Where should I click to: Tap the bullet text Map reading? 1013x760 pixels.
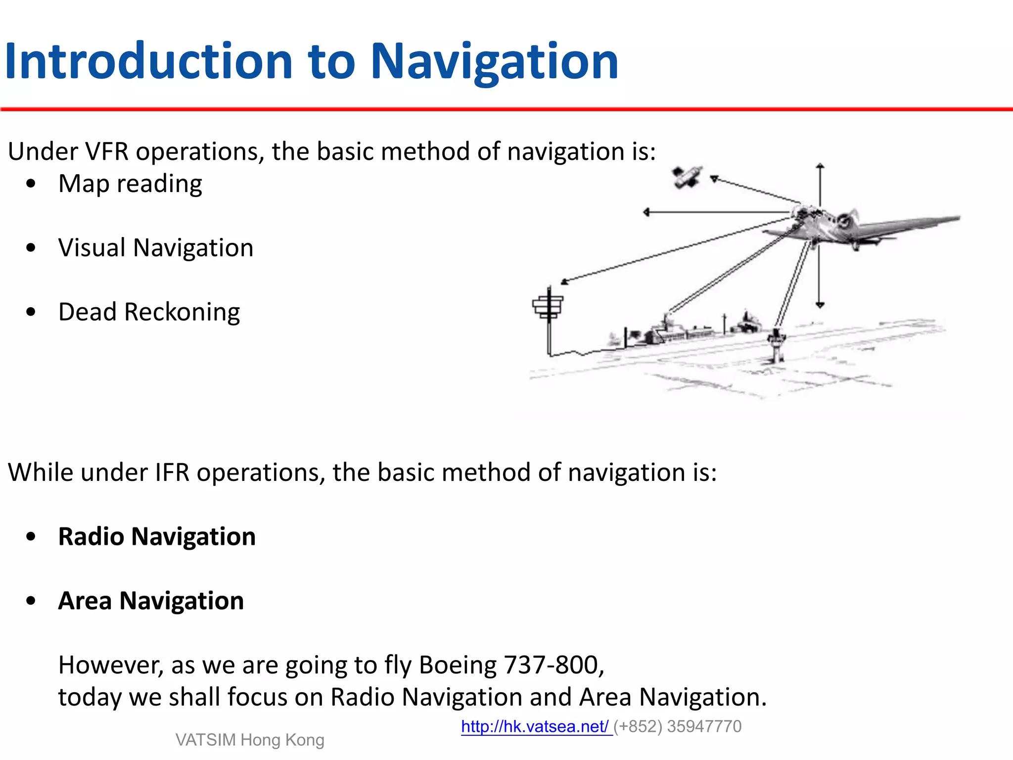130,184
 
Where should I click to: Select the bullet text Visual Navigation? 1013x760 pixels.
156,247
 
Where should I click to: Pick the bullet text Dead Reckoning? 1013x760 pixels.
149,312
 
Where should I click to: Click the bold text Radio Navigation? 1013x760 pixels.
157,536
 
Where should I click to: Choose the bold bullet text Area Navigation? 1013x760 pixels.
151,601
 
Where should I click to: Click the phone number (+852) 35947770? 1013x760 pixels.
678,726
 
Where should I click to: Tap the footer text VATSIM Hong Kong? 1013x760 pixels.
250,740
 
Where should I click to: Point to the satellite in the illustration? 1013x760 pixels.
687,177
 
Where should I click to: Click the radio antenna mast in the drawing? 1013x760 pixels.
548,317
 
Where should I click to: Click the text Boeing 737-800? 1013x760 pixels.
511,665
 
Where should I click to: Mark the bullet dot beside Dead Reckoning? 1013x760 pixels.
31,312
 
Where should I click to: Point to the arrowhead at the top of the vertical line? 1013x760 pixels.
820,166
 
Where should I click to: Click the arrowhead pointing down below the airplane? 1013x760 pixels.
820,305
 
